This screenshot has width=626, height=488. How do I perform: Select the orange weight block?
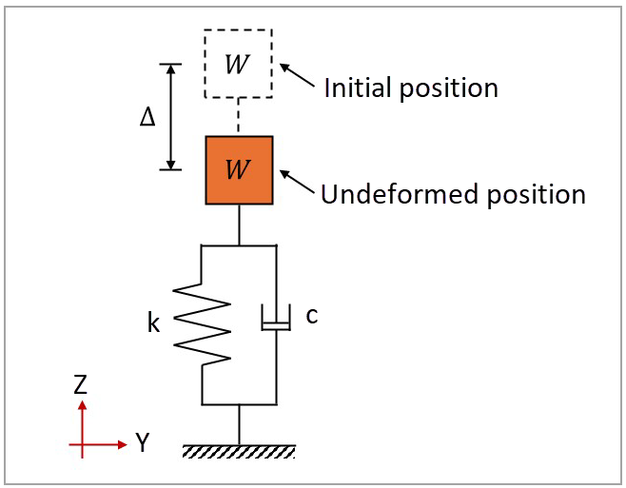tap(239, 186)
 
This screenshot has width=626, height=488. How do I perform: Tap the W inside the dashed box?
tap(238, 65)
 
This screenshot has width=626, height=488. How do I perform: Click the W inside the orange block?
tap(238, 170)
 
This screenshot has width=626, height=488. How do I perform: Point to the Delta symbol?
tap(147, 117)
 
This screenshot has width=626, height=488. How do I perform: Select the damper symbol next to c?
tap(276, 321)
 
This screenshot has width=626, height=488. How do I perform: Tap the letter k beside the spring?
tap(154, 323)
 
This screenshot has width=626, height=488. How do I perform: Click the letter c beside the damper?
tap(311, 316)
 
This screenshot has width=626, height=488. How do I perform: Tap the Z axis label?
tap(82, 385)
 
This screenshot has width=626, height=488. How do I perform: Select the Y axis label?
tap(143, 442)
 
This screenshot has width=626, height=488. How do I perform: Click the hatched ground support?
tap(239, 450)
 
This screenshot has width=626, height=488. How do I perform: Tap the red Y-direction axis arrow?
tap(105, 443)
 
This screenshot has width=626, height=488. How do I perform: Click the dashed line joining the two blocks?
tap(239, 117)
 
